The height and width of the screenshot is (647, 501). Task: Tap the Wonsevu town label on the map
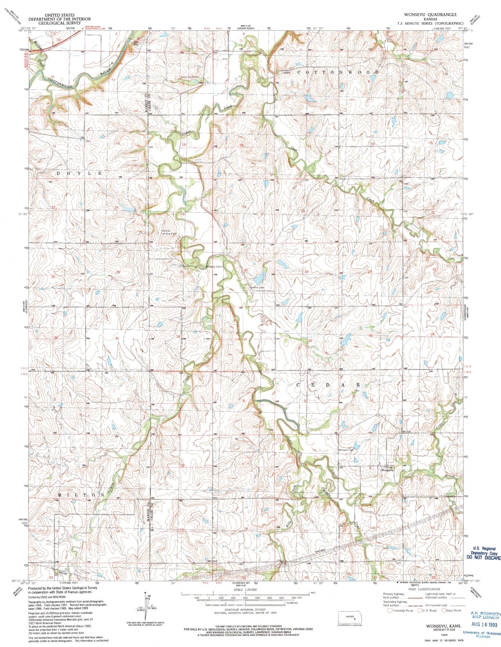(388, 470)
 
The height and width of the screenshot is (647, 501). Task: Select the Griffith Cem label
(258, 287)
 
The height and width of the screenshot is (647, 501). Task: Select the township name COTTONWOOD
(339, 72)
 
